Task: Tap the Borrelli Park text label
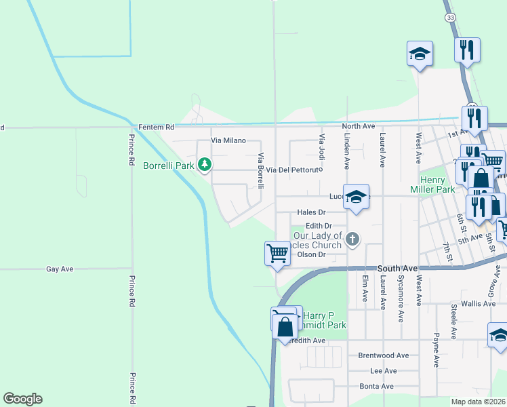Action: (x=169, y=165)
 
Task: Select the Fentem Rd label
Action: (x=156, y=127)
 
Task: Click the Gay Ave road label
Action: (x=60, y=269)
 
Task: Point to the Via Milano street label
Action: (x=227, y=140)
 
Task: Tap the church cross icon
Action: (x=352, y=239)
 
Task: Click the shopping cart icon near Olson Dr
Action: (x=277, y=253)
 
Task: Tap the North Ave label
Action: (x=359, y=127)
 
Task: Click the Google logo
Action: (x=22, y=399)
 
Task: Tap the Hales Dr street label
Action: (x=321, y=212)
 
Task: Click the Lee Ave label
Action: (x=384, y=371)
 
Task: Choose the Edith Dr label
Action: (x=319, y=226)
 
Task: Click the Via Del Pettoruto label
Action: (x=292, y=170)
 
